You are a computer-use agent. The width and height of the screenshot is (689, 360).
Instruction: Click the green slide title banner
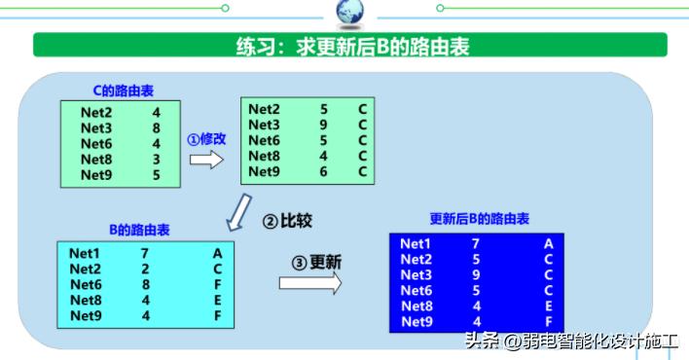[x=350, y=45]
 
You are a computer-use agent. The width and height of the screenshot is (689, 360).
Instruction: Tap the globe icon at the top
[x=349, y=12]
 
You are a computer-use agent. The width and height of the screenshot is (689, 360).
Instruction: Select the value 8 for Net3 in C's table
[x=156, y=127]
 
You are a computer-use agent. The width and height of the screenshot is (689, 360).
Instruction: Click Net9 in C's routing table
[x=96, y=176]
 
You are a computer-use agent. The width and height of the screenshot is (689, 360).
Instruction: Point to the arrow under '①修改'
[x=206, y=159]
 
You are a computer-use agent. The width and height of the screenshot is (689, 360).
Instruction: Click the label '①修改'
[x=206, y=139]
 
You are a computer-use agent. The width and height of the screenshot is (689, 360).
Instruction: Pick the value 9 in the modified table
[x=323, y=125]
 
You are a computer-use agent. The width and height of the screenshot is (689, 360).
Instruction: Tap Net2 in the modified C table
[x=265, y=109]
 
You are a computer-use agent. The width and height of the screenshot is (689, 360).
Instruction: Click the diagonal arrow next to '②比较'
[x=237, y=211]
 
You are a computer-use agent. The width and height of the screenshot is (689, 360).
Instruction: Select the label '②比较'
[x=287, y=221]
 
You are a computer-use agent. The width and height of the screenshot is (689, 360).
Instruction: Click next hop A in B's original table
[x=218, y=253]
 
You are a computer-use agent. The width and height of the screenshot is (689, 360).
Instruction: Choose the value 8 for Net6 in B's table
[x=145, y=284]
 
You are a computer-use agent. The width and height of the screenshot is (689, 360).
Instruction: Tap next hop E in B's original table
[x=218, y=300]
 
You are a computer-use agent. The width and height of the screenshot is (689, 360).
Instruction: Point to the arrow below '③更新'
[x=310, y=283]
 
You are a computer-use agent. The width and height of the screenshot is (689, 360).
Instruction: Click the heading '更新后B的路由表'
[x=480, y=219]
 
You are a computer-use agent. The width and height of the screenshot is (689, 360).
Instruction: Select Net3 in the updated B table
[x=417, y=275]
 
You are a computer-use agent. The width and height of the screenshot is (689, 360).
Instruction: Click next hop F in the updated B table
[x=550, y=322]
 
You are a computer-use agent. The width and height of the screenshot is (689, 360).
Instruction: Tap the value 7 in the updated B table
[x=476, y=244]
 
